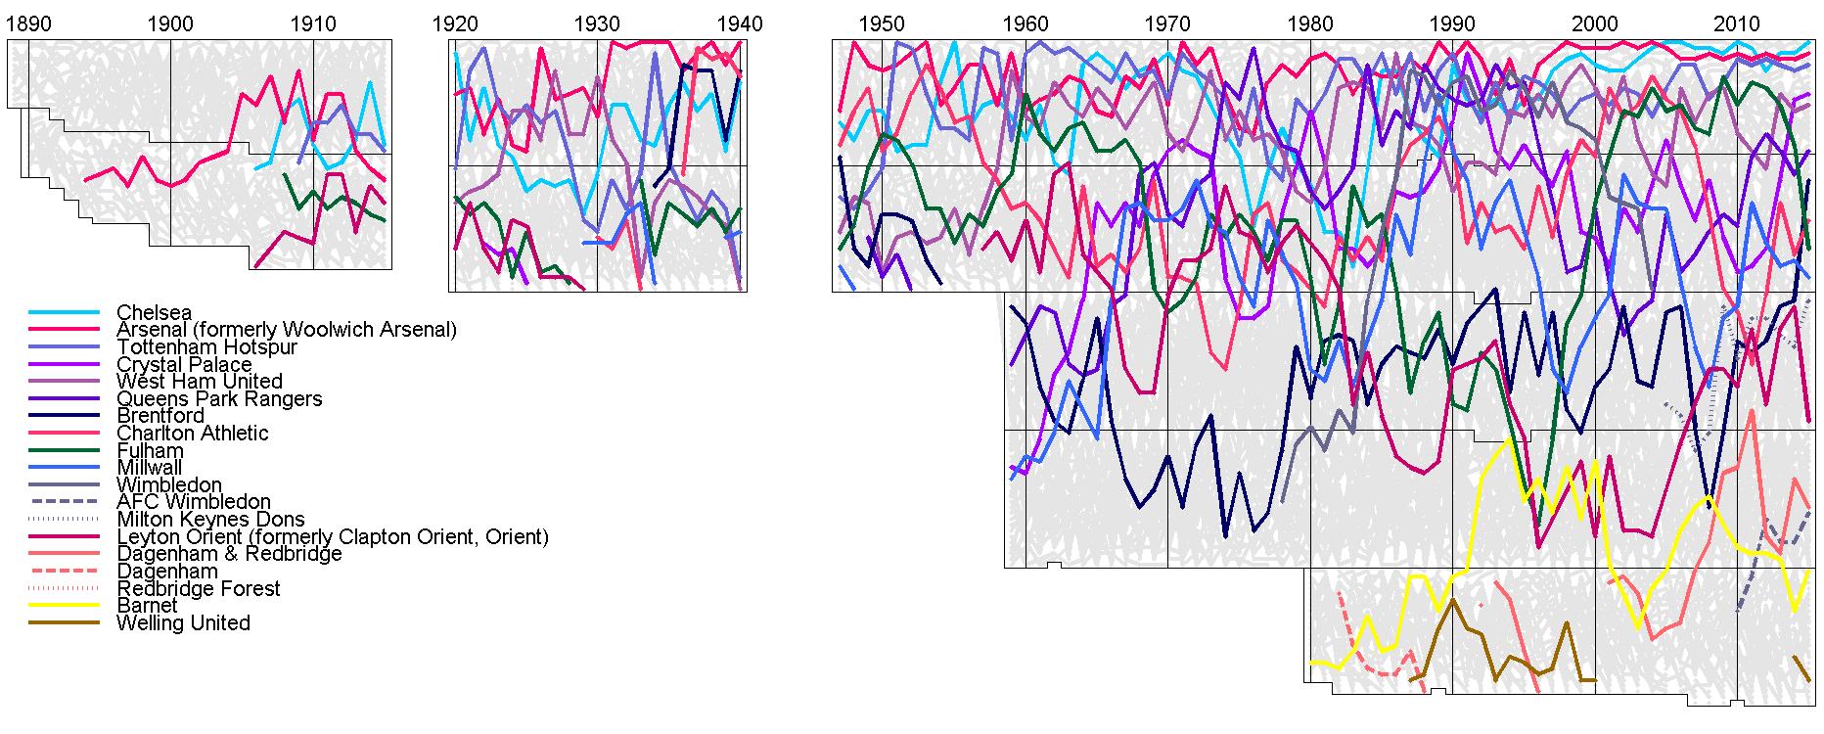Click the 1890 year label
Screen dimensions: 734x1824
(28, 23)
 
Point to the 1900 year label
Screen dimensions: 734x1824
(170, 23)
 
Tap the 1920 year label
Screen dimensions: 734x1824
(455, 23)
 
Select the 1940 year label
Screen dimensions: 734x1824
(739, 23)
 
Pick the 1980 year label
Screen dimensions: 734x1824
(1309, 23)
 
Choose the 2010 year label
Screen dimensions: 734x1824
(1737, 23)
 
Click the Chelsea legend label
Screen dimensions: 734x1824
(154, 313)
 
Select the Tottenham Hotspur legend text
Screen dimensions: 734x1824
(206, 347)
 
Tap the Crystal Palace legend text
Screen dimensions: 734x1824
(184, 365)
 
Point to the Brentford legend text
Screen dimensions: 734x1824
(160, 416)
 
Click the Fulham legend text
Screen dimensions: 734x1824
(150, 451)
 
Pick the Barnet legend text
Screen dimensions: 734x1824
(147, 606)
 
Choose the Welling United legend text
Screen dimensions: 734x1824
(183, 623)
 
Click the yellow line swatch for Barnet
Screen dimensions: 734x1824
(65, 606)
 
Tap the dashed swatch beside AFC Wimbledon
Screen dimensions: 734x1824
(65, 502)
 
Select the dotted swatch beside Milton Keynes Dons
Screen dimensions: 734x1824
(65, 519)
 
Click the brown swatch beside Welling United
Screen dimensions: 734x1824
(65, 623)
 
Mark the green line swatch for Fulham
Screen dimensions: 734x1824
(65, 451)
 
